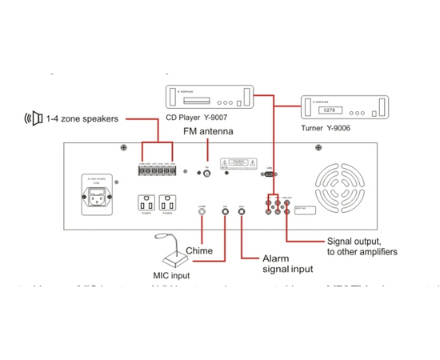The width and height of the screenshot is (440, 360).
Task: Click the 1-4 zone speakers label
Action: pos(82,118)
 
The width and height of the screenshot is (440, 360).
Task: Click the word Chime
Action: pos(198,251)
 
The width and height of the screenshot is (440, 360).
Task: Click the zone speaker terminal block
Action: pos(158,169)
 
